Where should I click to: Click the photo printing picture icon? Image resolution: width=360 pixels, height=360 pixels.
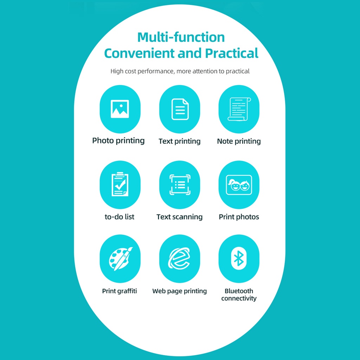[x=120, y=109]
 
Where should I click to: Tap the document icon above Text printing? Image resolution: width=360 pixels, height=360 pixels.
[x=180, y=109]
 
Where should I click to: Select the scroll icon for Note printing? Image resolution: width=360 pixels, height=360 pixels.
[x=239, y=109]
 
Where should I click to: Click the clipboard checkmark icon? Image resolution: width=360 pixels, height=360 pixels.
[x=120, y=184]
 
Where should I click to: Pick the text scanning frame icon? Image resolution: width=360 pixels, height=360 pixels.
[x=180, y=185]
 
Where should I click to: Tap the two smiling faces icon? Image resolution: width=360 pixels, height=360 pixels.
[x=239, y=185]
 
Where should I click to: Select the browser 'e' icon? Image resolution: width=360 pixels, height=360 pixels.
[x=179, y=258]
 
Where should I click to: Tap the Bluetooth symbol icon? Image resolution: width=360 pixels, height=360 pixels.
[x=239, y=258]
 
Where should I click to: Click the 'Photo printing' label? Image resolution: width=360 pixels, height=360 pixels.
[x=118, y=141]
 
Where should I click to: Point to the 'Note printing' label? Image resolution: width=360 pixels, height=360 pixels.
[x=239, y=141]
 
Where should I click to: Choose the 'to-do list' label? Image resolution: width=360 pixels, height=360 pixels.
[x=120, y=217]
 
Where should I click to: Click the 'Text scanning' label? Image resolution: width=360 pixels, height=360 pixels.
[x=180, y=217]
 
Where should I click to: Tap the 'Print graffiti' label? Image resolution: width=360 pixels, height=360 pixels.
[x=120, y=291]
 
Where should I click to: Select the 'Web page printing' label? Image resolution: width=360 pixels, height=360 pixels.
[x=180, y=291]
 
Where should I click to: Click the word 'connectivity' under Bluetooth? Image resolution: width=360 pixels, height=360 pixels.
[x=239, y=298]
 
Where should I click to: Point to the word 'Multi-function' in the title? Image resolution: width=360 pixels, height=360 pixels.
[x=181, y=37]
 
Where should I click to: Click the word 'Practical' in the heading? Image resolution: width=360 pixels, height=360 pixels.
[x=232, y=53]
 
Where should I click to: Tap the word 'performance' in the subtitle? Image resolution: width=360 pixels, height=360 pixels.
[x=156, y=71]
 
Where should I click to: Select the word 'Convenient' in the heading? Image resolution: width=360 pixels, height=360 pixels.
[x=140, y=53]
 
